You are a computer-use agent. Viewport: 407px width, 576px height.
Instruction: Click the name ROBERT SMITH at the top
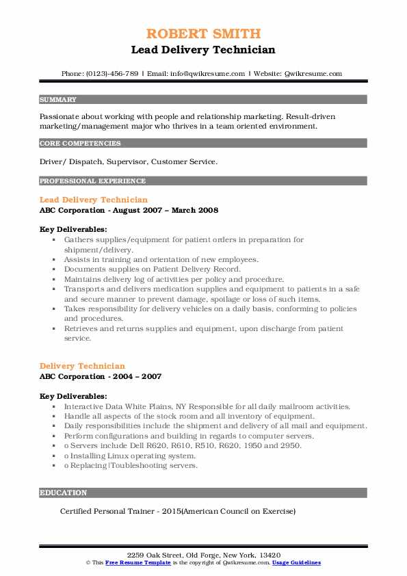[x=203, y=34]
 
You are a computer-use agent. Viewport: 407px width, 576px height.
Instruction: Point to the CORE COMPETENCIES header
[x=80, y=144]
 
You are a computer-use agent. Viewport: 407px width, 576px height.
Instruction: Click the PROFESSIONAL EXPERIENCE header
[x=92, y=181]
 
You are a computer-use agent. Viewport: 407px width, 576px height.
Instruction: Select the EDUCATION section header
[x=63, y=493]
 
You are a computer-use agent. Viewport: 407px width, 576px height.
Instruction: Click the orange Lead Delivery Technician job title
[x=94, y=200]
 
